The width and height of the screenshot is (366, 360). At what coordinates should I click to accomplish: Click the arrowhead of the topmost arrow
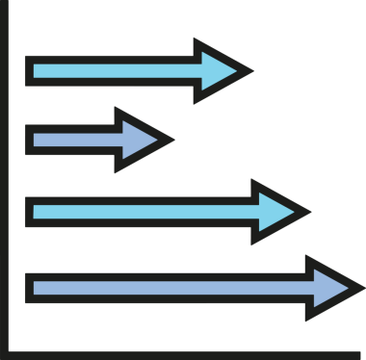[x=220, y=70]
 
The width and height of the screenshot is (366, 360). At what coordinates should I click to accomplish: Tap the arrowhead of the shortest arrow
[x=141, y=140]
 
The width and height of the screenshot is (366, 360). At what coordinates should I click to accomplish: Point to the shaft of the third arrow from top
[x=144, y=211]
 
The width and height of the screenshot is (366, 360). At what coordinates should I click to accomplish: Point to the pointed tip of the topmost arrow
[x=252, y=70]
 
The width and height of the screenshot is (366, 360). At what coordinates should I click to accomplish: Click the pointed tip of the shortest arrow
[x=174, y=140]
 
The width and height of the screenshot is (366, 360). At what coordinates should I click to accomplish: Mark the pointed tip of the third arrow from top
[x=310, y=211]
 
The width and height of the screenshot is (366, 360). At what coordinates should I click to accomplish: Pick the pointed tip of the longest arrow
[x=363, y=287]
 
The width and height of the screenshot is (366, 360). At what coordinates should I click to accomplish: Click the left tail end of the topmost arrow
[x=27, y=70]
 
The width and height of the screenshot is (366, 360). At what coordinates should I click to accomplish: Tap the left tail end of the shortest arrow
[x=27, y=140]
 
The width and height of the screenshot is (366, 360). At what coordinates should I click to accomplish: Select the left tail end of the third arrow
[x=27, y=211]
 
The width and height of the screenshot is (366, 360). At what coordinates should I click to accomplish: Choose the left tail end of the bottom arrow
[x=27, y=287]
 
